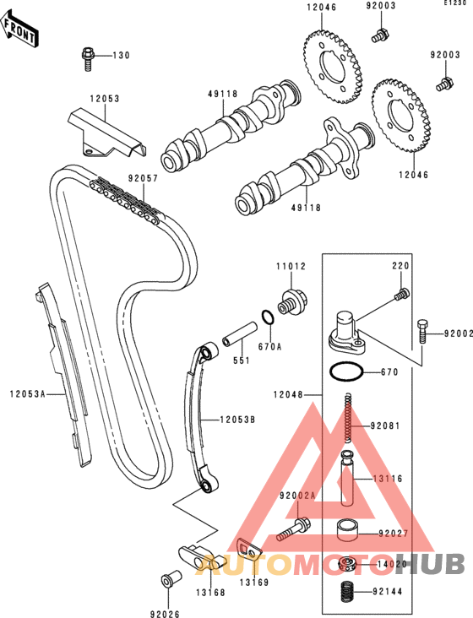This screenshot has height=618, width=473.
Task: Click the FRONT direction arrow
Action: point(19,30)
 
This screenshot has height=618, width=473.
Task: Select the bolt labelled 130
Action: point(88,59)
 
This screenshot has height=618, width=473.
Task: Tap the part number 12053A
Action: point(28,393)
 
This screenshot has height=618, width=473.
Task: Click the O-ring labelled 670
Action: point(345,372)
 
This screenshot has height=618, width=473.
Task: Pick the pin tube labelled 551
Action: point(239,334)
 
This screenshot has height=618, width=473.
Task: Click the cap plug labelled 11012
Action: point(292,302)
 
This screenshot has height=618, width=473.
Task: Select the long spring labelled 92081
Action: point(348,417)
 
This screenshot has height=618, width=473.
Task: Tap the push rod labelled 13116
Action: point(347,479)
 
